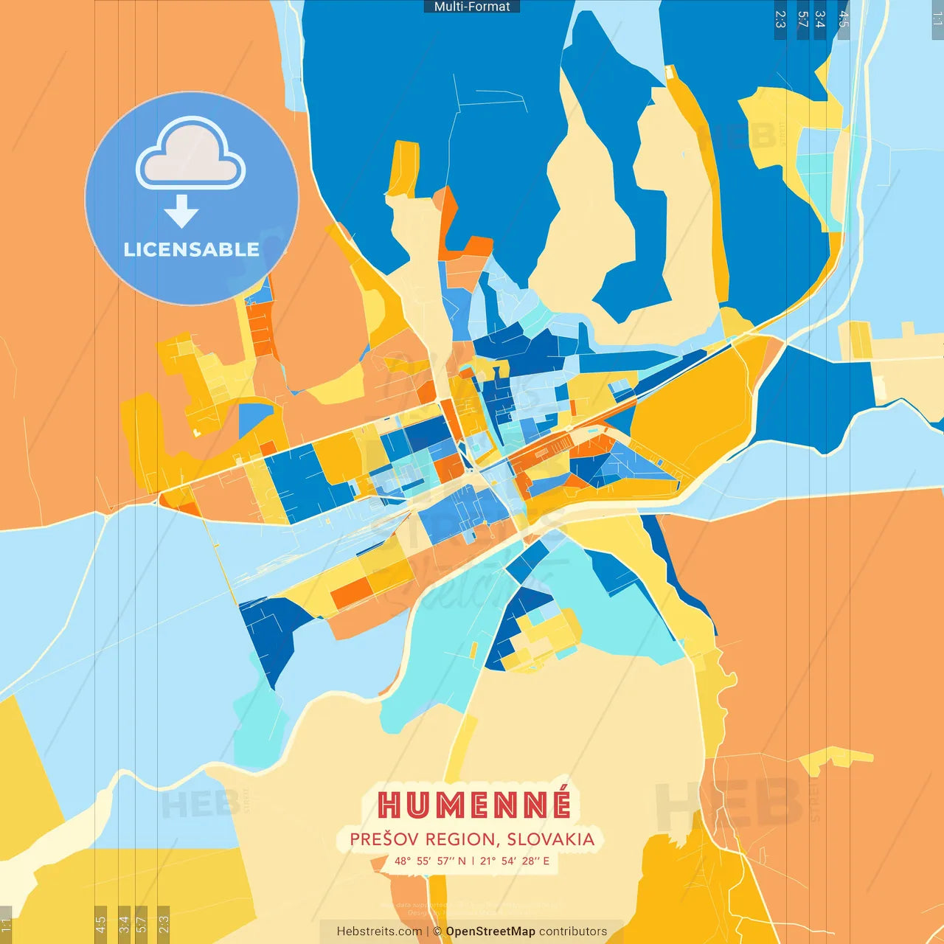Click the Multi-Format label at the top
pos(472,7)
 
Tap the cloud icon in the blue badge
pos(191,155)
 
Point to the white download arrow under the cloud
pos(181,212)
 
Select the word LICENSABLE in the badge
pos(191,250)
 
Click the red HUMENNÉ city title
pos(474,805)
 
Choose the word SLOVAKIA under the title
pos(550,839)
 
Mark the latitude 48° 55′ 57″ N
pos(430,861)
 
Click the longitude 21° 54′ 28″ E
pos(515,861)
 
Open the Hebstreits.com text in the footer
pos(379,931)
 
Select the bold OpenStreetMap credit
pos(490,931)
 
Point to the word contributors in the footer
pos(573,931)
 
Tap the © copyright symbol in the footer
pos(437,931)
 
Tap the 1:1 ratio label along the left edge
pos(6,925)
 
